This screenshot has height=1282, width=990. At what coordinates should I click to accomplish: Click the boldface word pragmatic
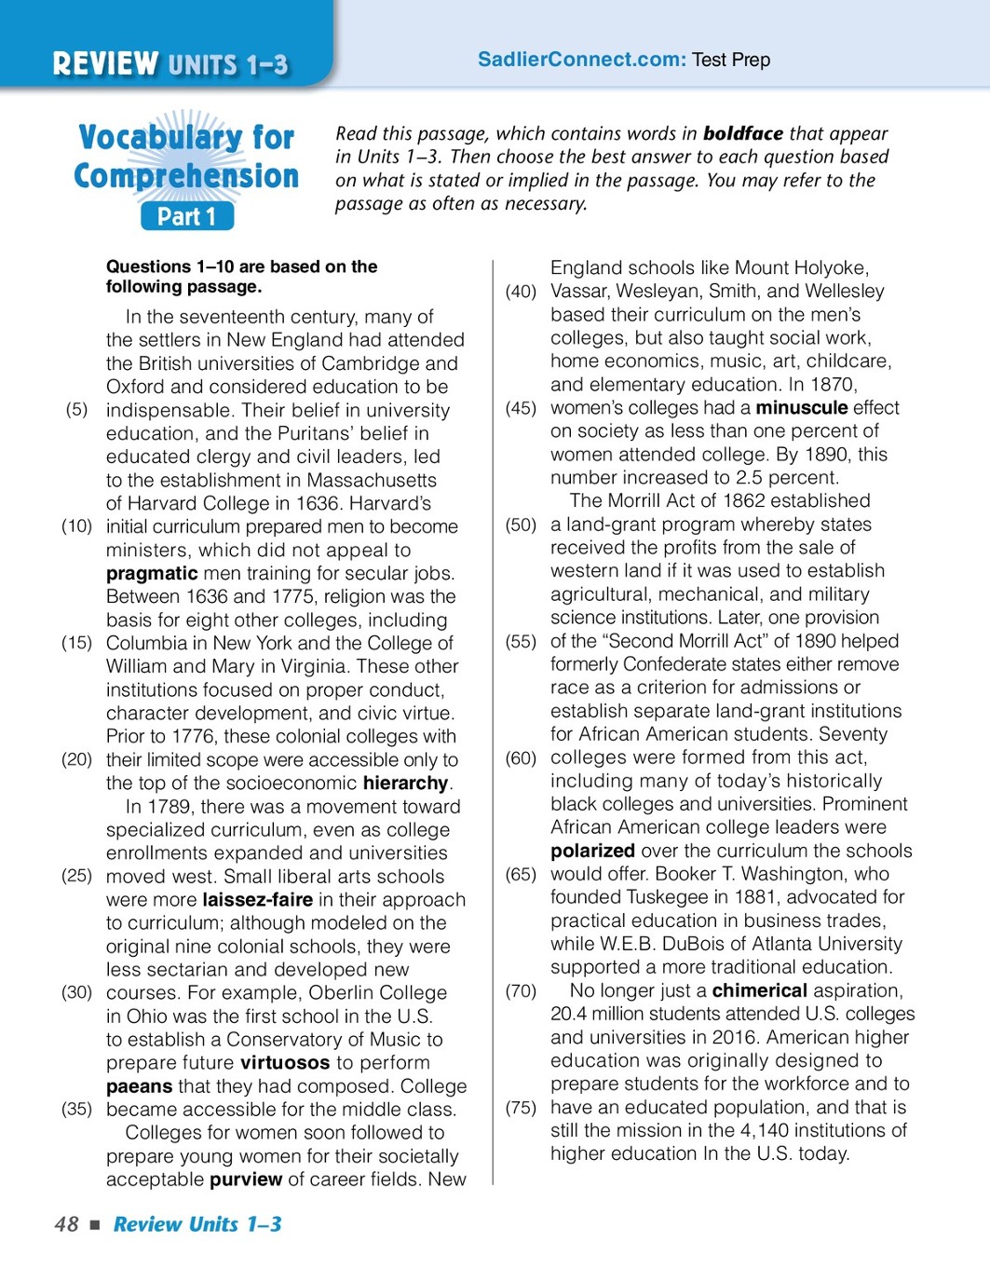point(152,573)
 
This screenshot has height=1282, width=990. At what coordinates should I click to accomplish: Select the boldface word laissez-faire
point(257,900)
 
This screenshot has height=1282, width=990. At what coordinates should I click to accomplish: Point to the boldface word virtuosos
point(285,1063)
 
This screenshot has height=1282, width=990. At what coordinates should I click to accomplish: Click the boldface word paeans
point(139,1086)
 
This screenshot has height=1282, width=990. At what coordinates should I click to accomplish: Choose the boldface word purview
point(246,1180)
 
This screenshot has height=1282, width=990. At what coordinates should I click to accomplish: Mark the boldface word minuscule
point(801,408)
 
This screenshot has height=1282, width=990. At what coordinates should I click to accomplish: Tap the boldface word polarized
point(592,851)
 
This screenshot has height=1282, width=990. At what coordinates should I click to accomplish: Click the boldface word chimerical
point(759,990)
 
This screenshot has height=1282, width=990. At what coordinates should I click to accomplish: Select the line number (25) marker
point(76,876)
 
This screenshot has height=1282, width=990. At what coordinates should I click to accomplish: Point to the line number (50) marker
point(521,525)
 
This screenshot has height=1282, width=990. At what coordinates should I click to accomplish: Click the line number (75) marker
point(521,1108)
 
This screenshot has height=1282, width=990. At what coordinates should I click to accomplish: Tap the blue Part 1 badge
point(187,216)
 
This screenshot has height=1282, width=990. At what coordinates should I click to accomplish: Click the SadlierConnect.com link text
point(581,60)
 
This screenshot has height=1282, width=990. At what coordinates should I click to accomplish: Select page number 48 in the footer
point(66,1224)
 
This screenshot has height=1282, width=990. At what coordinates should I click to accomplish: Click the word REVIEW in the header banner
point(105,63)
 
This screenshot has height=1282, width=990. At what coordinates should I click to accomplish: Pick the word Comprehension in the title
point(186,176)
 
